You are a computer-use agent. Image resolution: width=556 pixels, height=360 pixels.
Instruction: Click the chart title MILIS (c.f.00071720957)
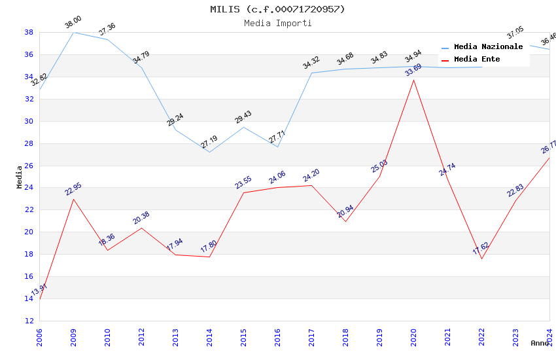tap(277, 9)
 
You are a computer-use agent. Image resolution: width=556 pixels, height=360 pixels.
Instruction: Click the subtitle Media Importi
tap(277, 23)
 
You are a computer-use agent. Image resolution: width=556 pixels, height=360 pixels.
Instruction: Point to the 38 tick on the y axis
tap(29, 32)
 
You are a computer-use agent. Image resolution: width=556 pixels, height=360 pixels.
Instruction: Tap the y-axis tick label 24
tap(29, 188)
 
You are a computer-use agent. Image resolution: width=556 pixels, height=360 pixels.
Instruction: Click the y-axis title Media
tap(20, 177)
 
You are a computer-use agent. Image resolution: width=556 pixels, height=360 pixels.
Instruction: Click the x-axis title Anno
tap(540, 343)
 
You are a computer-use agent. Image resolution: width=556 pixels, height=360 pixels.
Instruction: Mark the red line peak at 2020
tap(413, 80)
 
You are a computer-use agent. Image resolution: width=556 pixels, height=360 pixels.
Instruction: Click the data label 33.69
tap(413, 70)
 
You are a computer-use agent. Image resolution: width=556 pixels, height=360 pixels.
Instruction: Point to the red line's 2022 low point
tap(481, 259)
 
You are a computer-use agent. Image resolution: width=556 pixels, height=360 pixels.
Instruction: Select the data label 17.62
tap(481, 249)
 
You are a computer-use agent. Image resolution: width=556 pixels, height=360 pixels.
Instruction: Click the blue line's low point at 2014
tap(209, 152)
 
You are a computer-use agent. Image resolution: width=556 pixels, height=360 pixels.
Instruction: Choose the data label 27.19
tap(209, 142)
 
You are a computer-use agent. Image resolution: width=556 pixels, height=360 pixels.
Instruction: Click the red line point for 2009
tap(73, 199)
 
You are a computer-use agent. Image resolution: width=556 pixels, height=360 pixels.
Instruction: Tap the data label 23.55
tap(243, 183)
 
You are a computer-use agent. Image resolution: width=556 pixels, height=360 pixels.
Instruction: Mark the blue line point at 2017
tap(311, 73)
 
